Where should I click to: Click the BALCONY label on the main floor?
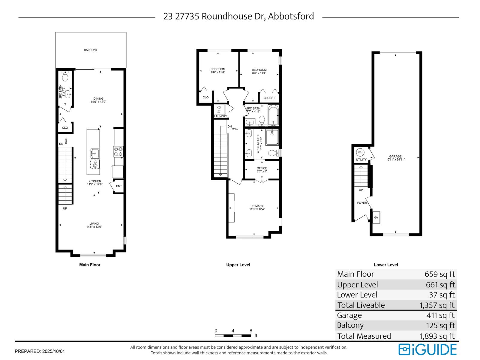click(x=91, y=50)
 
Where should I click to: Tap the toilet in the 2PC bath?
click(x=65, y=77)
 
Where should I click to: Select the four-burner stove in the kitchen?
click(x=118, y=151)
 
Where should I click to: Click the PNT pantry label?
click(x=119, y=186)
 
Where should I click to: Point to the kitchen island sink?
click(x=95, y=153)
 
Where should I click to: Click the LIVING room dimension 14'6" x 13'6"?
click(x=94, y=227)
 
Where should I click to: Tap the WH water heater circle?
click(x=360, y=152)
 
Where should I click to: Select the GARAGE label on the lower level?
click(x=395, y=156)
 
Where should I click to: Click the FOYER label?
click(x=362, y=203)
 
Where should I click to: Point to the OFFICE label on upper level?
click(x=262, y=168)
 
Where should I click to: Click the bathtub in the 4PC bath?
click(x=273, y=115)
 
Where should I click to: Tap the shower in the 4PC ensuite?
click(x=272, y=137)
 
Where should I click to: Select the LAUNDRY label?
click(x=220, y=116)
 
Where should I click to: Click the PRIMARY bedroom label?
click(x=257, y=206)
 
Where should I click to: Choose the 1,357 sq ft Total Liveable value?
click(x=437, y=305)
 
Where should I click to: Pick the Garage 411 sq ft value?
click(x=440, y=315)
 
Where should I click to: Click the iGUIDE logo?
click(x=427, y=350)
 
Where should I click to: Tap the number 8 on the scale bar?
click(x=251, y=331)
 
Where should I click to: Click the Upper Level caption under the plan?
click(x=238, y=265)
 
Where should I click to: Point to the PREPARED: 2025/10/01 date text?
click(x=40, y=351)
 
